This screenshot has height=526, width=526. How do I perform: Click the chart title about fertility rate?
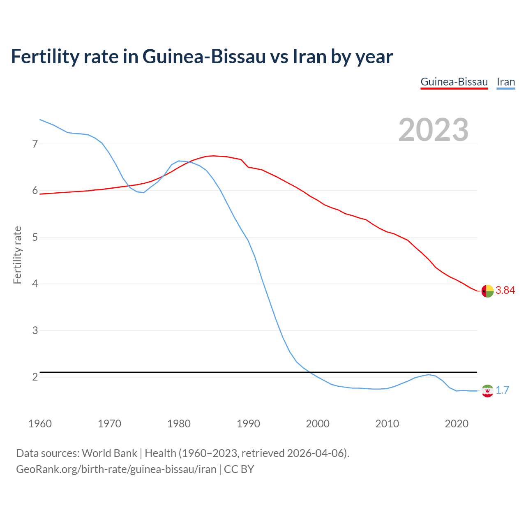(202, 57)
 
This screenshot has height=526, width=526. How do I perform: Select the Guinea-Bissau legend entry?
(454, 82)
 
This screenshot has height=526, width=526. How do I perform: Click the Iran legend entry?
(505, 82)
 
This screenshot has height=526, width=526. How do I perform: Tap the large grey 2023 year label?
(433, 130)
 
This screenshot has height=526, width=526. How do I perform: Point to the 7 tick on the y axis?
(35, 144)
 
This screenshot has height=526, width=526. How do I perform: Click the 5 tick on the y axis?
(35, 237)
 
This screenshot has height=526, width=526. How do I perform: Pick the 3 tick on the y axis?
(35, 330)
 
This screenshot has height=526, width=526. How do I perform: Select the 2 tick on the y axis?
(35, 377)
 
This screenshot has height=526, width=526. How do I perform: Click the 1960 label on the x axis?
(40, 424)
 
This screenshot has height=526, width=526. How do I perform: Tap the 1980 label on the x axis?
(179, 424)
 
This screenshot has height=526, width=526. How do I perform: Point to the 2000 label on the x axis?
(318, 424)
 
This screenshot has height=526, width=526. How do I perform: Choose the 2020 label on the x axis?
(457, 424)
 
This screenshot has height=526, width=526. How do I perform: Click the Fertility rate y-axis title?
(17, 255)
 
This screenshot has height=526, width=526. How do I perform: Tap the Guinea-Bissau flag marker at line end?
(487, 291)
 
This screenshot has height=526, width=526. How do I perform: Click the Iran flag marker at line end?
(487, 391)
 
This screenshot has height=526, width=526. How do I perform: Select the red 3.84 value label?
(505, 291)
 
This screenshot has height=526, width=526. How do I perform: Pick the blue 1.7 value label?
(502, 390)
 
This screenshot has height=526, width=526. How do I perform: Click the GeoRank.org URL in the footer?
(116, 469)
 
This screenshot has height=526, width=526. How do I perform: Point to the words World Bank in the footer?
(109, 453)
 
